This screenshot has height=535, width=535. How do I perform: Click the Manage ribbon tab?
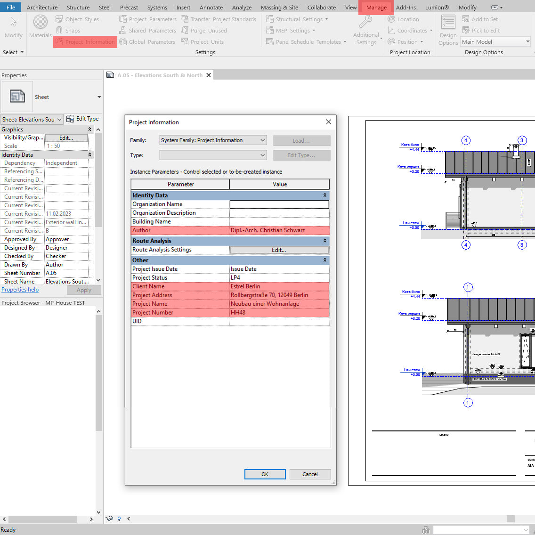tap(376, 8)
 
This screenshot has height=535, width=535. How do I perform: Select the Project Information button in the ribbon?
tap(85, 42)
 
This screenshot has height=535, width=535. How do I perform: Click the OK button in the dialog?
tap(265, 474)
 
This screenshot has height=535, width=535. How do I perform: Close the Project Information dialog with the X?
tap(328, 122)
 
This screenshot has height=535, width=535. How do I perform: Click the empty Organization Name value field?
tap(279, 204)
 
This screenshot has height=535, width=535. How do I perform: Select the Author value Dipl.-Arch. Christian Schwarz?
tap(279, 230)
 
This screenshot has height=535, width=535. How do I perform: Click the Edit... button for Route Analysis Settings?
tap(279, 250)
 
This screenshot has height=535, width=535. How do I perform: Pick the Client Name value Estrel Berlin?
tap(279, 286)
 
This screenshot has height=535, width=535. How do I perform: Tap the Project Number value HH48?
tap(279, 313)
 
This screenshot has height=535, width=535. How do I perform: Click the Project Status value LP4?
tap(279, 278)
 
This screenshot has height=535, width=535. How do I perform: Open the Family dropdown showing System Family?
tap(213, 140)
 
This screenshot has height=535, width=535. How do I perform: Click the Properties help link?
tap(20, 290)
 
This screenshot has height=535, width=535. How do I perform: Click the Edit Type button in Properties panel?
tap(83, 119)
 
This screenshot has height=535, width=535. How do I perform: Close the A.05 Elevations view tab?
tap(209, 75)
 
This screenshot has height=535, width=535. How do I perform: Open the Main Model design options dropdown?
tap(495, 42)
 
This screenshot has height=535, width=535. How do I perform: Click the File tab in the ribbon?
tap(11, 8)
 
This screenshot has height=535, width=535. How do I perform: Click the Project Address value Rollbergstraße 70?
tap(279, 295)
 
